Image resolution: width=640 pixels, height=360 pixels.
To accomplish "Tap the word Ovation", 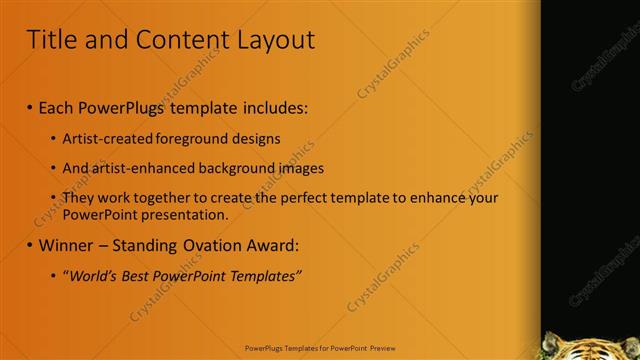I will coord(221,245).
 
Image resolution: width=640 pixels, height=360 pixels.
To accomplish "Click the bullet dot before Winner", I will coord(29,246).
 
